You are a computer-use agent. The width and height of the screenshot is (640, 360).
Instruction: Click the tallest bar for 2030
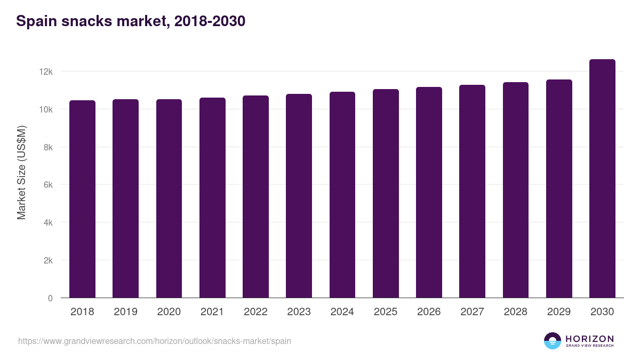(602, 179)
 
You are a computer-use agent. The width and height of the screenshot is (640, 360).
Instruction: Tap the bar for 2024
(342, 195)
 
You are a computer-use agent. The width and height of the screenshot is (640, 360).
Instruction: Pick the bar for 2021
(212, 198)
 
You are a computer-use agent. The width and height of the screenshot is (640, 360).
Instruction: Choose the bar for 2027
(472, 191)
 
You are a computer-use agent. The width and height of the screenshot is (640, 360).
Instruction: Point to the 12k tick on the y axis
(46, 71)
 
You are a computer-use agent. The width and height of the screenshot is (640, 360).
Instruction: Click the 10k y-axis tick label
(46, 109)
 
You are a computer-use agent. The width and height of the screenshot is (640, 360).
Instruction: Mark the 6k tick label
(49, 185)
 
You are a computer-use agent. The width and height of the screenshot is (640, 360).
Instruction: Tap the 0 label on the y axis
(50, 298)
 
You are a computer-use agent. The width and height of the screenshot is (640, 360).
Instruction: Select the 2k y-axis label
(49, 261)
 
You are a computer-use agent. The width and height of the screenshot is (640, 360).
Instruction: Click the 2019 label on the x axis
(125, 312)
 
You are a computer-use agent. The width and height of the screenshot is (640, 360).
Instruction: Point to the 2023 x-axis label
(299, 312)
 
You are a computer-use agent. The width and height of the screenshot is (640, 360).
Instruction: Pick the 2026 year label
(429, 312)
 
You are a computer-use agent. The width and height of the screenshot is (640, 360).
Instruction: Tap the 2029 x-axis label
(559, 312)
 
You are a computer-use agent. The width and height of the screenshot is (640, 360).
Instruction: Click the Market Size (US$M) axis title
(21, 172)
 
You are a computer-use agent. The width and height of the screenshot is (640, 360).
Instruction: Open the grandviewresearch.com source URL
(155, 341)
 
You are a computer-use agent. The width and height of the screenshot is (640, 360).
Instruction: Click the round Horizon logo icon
(553, 341)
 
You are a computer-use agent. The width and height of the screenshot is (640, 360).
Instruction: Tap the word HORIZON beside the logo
(589, 339)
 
